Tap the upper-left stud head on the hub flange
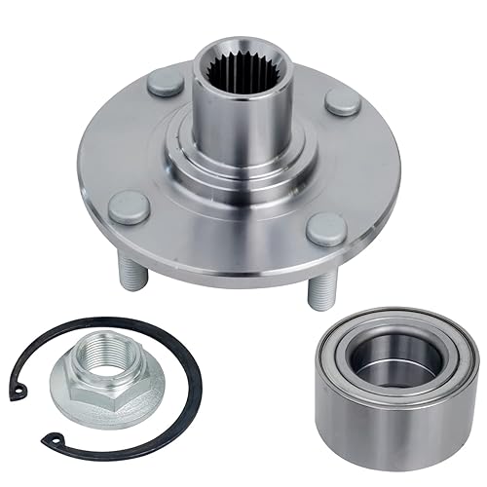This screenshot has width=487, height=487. pyautogui.click(x=165, y=85)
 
